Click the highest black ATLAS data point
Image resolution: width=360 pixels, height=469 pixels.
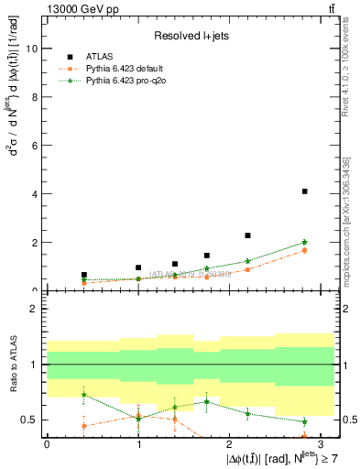pyautogui.click(x=304, y=191)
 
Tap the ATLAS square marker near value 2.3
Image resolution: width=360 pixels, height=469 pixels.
pyautogui.click(x=247, y=235)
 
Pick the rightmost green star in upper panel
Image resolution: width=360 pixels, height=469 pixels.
pyautogui.click(x=304, y=243)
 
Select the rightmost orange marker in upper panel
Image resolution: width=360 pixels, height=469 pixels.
pyautogui.click(x=304, y=250)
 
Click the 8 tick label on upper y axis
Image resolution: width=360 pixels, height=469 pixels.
pyautogui.click(x=36, y=98)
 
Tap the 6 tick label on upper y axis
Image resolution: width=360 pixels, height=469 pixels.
pyautogui.click(x=36, y=147)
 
